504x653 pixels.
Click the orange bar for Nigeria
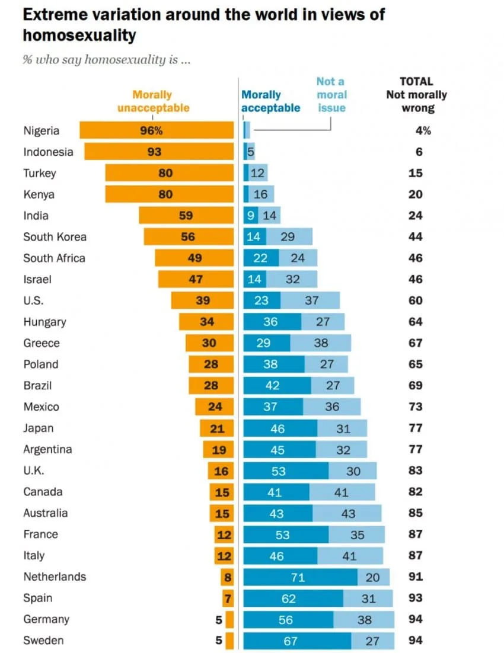pyautogui.click(x=157, y=130)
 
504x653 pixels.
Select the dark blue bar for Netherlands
pyautogui.click(x=301, y=577)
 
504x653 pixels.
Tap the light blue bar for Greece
pyautogui.click(x=321, y=342)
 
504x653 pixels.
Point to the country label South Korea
pyautogui.click(x=55, y=237)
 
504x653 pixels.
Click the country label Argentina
pyautogui.click(x=47, y=449)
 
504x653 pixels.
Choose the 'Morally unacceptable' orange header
pyautogui.click(x=153, y=101)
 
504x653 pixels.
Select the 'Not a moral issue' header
pyautogui.click(x=331, y=95)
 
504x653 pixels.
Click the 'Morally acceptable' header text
pyautogui.click(x=270, y=101)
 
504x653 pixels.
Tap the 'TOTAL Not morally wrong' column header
pyautogui.click(x=416, y=95)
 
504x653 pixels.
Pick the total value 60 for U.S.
pyautogui.click(x=416, y=300)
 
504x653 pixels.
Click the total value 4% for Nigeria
pyautogui.click(x=423, y=131)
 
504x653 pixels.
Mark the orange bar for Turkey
pyautogui.click(x=169, y=173)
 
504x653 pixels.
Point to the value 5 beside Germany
pyautogui.click(x=219, y=620)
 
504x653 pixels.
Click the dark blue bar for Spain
pyautogui.click(x=294, y=598)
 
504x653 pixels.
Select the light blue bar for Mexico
pyautogui.click(x=332, y=406)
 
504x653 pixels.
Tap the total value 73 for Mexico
pyautogui.click(x=416, y=406)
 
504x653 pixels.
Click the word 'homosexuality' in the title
pyautogui.click(x=79, y=36)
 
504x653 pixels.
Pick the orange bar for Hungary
pyautogui.click(x=206, y=322)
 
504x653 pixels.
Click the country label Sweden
pyautogui.click(x=43, y=640)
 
